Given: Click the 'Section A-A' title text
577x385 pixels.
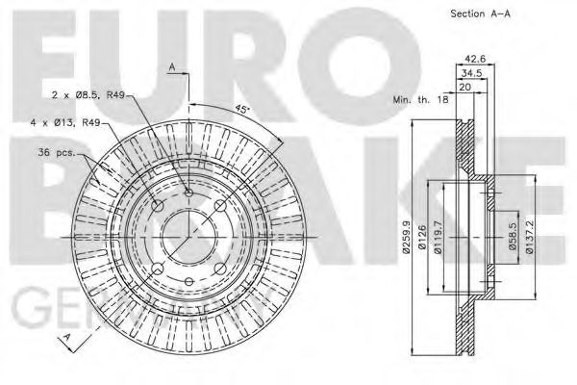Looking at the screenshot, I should click(480, 13).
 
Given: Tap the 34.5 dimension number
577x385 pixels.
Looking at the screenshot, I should click(471, 72).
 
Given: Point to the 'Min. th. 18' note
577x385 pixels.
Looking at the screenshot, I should click(420, 100).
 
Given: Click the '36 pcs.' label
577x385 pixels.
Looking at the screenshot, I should click(59, 151).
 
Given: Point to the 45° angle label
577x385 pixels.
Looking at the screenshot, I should click(243, 110).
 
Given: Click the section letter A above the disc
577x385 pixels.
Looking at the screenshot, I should click(171, 67).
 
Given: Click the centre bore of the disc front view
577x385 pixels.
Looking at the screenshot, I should click(188, 237).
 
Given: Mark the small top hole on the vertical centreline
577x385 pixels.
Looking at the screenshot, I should click(188, 195).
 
